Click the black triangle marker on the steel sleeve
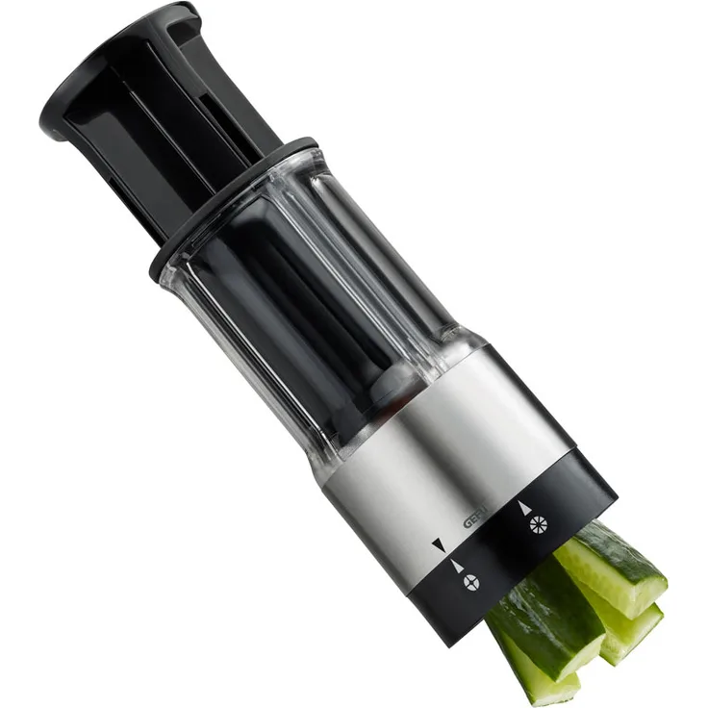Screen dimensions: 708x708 click(x=439, y=545)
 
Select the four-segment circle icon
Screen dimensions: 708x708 click(x=470, y=583)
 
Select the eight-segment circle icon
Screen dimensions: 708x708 click(x=539, y=524)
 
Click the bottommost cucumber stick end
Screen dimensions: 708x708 click(x=548, y=678)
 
